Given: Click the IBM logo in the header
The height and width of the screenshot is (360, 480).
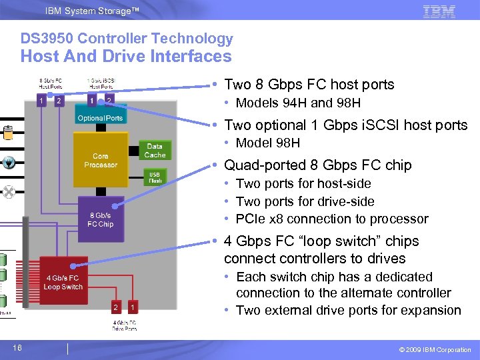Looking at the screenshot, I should (439, 11).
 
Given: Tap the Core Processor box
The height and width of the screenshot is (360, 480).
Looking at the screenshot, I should (100, 161).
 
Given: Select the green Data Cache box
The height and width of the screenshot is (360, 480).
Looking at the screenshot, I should (155, 151).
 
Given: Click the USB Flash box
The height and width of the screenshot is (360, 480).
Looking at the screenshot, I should (154, 177).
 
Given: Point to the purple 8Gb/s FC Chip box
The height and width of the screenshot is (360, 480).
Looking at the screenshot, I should (100, 219).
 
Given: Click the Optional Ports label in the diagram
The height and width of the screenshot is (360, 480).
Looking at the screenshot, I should (100, 119).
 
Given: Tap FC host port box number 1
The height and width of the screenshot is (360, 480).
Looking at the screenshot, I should (41, 101).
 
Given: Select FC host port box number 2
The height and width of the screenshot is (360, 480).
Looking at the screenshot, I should (59, 101).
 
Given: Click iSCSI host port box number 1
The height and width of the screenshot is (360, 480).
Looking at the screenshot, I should (91, 101).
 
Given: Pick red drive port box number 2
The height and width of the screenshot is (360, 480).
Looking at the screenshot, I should (116, 307).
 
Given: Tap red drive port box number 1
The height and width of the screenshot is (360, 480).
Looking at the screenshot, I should (133, 307).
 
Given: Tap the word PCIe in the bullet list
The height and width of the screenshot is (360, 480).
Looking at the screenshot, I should (250, 219).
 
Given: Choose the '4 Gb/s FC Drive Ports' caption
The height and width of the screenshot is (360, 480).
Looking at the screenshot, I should (124, 325).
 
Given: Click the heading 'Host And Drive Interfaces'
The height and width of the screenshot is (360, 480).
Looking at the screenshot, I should (126, 57).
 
